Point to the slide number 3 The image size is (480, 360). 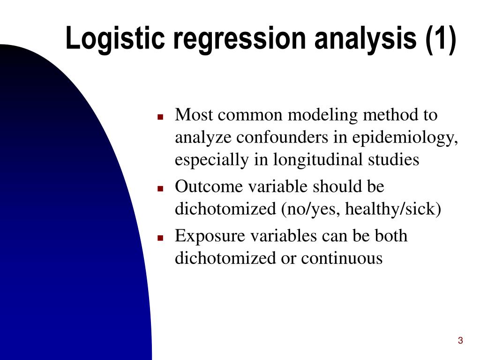(x=460, y=341)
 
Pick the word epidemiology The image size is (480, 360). (x=405, y=138)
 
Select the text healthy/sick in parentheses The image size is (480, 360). (x=393, y=209)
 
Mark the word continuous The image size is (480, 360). (x=342, y=258)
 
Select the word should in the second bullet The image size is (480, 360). (x=336, y=187)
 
